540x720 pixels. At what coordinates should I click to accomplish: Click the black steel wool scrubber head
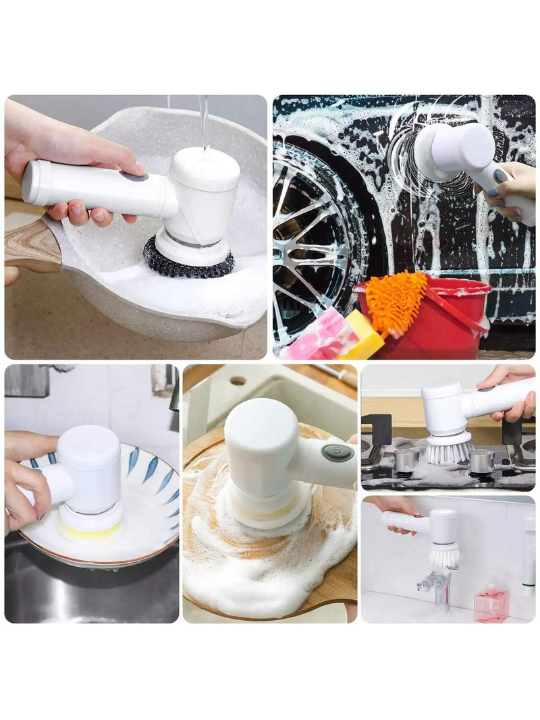coord(188,265)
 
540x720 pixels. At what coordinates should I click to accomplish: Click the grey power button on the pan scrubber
coord(134,176)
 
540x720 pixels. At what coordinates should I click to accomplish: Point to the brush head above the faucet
coord(443,556)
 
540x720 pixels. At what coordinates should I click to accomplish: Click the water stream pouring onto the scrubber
coord(203,121)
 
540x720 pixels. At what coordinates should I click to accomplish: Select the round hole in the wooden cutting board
coord(238,381)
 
